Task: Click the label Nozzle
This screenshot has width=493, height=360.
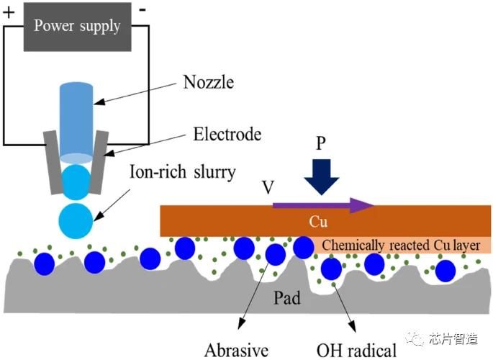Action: point(209,82)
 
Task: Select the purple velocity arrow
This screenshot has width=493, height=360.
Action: point(324,206)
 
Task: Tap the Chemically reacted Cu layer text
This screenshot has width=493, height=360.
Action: point(400,245)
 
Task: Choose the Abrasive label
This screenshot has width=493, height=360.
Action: point(236,351)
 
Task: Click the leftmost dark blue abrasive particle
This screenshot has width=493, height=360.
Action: point(45,260)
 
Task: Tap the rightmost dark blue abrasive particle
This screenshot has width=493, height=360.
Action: point(445,271)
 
